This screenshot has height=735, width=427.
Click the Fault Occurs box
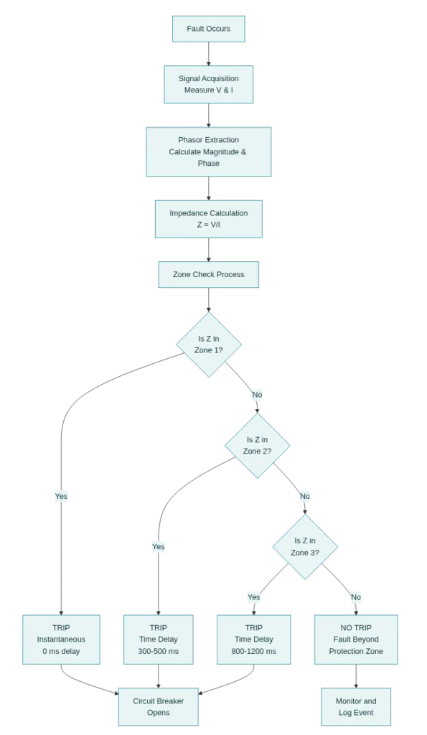pos(208,29)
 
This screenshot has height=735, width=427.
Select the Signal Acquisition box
pos(208,85)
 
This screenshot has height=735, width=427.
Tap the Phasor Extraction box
pos(208,151)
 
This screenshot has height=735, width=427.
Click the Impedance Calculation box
pos(208,219)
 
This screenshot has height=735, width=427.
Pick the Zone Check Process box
pos(208,274)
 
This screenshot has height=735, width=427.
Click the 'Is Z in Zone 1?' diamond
pos(209,344)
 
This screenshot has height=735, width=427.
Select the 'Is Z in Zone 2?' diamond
pos(257,445)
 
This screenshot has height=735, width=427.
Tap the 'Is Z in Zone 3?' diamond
pos(305,546)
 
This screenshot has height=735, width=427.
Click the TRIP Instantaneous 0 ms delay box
pos(61,639)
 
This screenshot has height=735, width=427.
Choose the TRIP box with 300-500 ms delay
pos(158,639)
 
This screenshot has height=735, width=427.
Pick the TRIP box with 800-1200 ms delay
pos(254,639)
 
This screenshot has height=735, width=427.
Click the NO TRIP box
pos(356,639)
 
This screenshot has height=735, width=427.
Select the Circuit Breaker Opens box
pos(158,706)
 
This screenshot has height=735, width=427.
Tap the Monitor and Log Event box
pos(357,706)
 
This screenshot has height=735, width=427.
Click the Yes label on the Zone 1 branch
pos(61,496)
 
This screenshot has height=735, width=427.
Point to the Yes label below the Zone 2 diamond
pos(158,547)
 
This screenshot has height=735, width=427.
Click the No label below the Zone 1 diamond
pos(257,395)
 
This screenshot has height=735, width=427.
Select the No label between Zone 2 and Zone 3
pos(304,496)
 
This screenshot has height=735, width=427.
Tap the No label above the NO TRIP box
pos(356,597)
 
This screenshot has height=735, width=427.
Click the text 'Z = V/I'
pos(208,225)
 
